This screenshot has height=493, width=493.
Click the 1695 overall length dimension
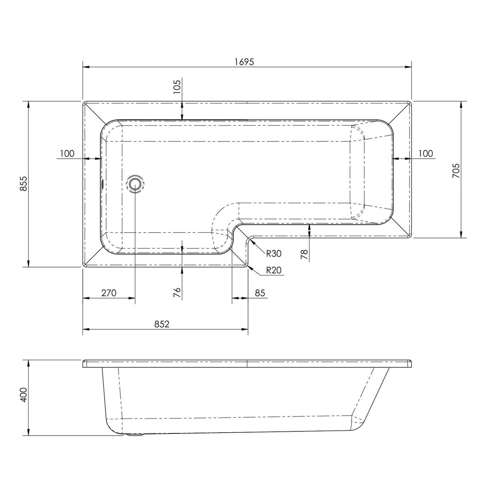click(x=244, y=62)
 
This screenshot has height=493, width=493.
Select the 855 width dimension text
click(x=24, y=184)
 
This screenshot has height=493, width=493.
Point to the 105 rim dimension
click(x=177, y=87)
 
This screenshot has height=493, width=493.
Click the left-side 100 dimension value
click(x=67, y=153)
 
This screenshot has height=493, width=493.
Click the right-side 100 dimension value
click(x=426, y=153)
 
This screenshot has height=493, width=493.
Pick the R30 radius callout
click(x=273, y=253)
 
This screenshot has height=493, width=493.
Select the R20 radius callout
click(x=273, y=270)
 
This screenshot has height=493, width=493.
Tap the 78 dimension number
click(x=305, y=254)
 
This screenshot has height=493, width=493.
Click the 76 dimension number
click(x=177, y=292)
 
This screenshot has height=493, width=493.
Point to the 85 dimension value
click(x=260, y=293)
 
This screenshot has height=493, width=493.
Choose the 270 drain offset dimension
click(x=108, y=293)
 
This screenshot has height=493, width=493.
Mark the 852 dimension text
click(x=162, y=324)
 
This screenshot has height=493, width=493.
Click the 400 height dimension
click(x=24, y=394)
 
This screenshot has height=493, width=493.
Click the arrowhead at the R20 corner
click(x=251, y=268)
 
